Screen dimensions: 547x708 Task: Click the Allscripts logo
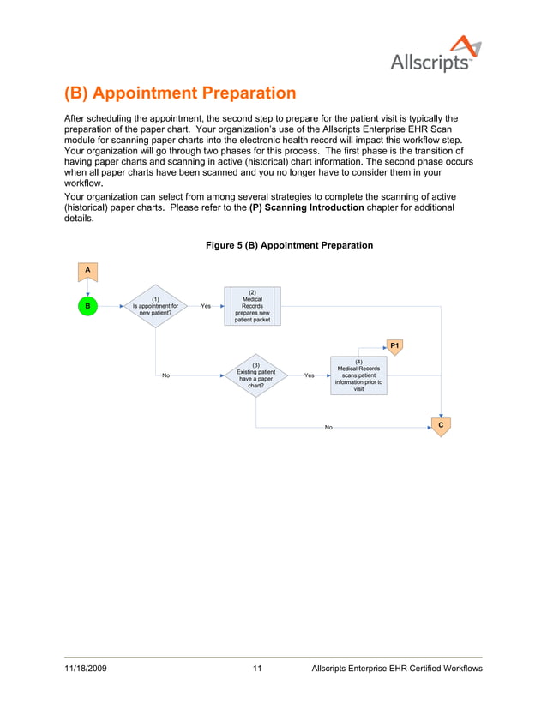click(x=430, y=54)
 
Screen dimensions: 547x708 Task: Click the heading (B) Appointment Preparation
click(x=180, y=93)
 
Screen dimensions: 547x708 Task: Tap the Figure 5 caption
click(x=289, y=245)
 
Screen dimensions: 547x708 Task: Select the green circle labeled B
click(x=87, y=305)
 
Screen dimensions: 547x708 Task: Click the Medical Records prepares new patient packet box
click(x=252, y=306)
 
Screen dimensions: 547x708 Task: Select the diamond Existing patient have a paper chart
click(x=255, y=375)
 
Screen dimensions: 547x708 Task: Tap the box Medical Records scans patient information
click(x=358, y=375)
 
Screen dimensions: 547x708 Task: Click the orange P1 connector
click(x=394, y=346)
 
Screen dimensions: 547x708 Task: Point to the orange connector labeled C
click(x=440, y=425)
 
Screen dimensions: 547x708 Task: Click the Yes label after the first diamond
click(x=206, y=306)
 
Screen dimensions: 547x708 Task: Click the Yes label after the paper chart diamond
click(x=309, y=375)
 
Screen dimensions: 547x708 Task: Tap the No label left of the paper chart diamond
click(x=165, y=375)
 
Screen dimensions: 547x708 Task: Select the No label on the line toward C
click(x=328, y=427)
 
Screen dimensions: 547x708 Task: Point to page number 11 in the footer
click(x=257, y=668)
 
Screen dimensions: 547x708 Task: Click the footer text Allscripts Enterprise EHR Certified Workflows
click(x=397, y=668)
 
